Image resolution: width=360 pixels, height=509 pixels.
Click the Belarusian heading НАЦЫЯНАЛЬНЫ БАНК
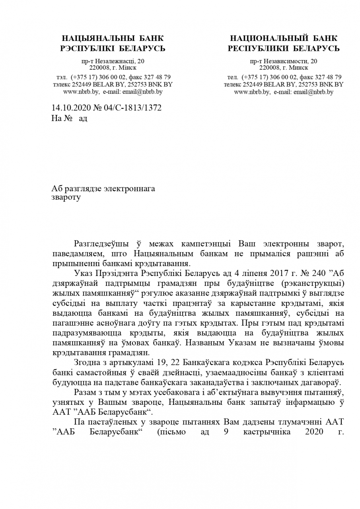[113, 39]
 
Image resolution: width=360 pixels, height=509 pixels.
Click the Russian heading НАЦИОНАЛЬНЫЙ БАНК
[284, 39]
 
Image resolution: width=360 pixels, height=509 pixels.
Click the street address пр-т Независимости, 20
[284, 61]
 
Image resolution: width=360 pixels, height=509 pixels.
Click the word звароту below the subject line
[66, 197]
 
